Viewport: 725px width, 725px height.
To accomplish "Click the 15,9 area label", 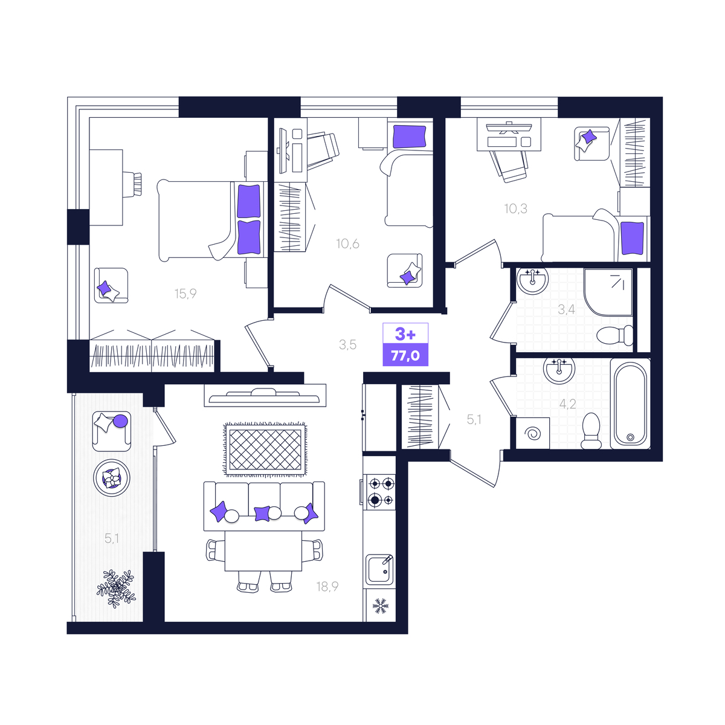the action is click(x=185, y=294).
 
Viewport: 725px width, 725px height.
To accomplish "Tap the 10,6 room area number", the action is click(x=347, y=244).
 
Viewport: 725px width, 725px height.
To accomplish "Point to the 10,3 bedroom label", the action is click(x=515, y=208).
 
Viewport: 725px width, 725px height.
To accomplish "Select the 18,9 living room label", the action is click(x=327, y=586).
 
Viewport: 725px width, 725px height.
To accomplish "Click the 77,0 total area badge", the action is click(x=405, y=355).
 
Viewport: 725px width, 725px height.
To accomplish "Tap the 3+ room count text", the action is click(x=405, y=333).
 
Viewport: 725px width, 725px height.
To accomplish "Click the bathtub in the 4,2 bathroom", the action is click(x=630, y=404).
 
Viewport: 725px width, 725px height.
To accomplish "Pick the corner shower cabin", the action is click(x=608, y=292).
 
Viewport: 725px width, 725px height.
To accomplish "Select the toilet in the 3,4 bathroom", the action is click(x=615, y=335).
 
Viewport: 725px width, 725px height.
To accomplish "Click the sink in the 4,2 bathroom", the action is click(x=559, y=370).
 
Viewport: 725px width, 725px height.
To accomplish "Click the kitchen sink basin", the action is click(x=379, y=569).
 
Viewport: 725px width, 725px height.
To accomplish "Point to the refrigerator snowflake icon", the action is click(x=380, y=606).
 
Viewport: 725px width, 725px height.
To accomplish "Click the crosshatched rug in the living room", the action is click(x=265, y=449).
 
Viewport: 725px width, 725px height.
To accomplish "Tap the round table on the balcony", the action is click(x=112, y=478).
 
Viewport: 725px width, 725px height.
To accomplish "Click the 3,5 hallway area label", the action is click(x=347, y=344).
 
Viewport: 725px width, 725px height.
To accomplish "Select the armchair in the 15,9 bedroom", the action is click(x=111, y=286).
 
